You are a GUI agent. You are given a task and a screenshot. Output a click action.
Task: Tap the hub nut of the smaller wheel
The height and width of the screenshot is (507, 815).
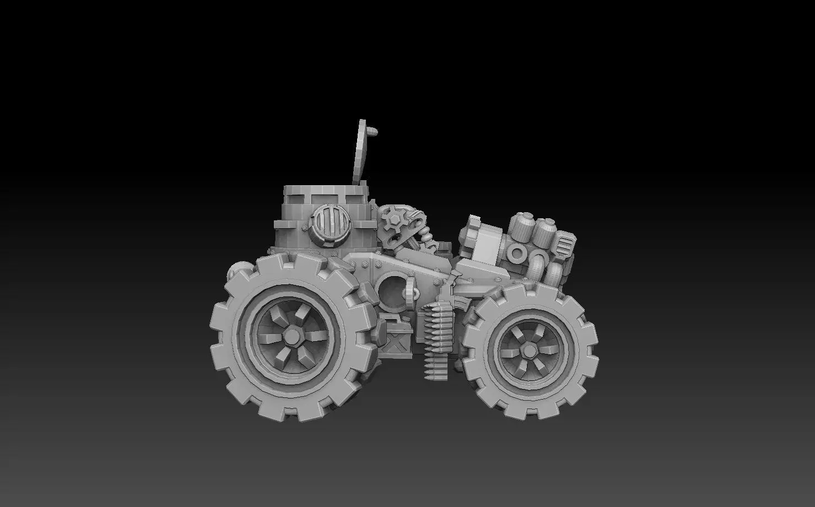coord(527,349)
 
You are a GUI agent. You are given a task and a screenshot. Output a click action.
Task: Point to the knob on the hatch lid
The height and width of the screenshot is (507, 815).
coord(374,132)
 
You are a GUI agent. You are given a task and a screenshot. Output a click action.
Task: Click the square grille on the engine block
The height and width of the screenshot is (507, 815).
coord(565,245)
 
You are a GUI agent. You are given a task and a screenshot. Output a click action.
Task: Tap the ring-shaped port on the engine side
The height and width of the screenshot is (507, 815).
coord(518,253)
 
